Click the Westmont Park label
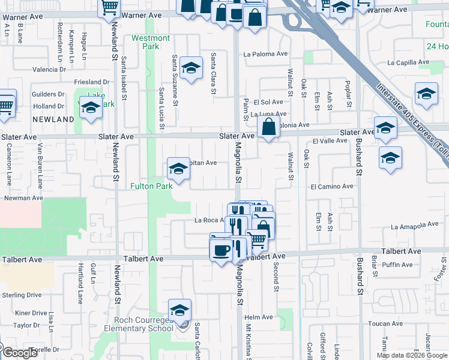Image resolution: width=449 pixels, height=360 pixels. [151, 42]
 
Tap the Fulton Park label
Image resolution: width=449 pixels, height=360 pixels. [152, 186]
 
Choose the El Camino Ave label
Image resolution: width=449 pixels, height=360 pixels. [332, 187]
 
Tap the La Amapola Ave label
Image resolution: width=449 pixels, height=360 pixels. [415, 226]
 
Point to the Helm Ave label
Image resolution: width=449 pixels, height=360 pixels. [259, 317]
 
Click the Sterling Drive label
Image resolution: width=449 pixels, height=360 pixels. [21, 295]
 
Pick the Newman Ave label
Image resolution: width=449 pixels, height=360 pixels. [23, 197]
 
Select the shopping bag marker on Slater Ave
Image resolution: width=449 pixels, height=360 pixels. [268, 127]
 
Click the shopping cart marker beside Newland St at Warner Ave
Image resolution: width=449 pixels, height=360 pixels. [109, 7]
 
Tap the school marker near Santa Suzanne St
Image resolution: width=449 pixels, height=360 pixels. [191, 70]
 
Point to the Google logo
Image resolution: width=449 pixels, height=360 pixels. [20, 353]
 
